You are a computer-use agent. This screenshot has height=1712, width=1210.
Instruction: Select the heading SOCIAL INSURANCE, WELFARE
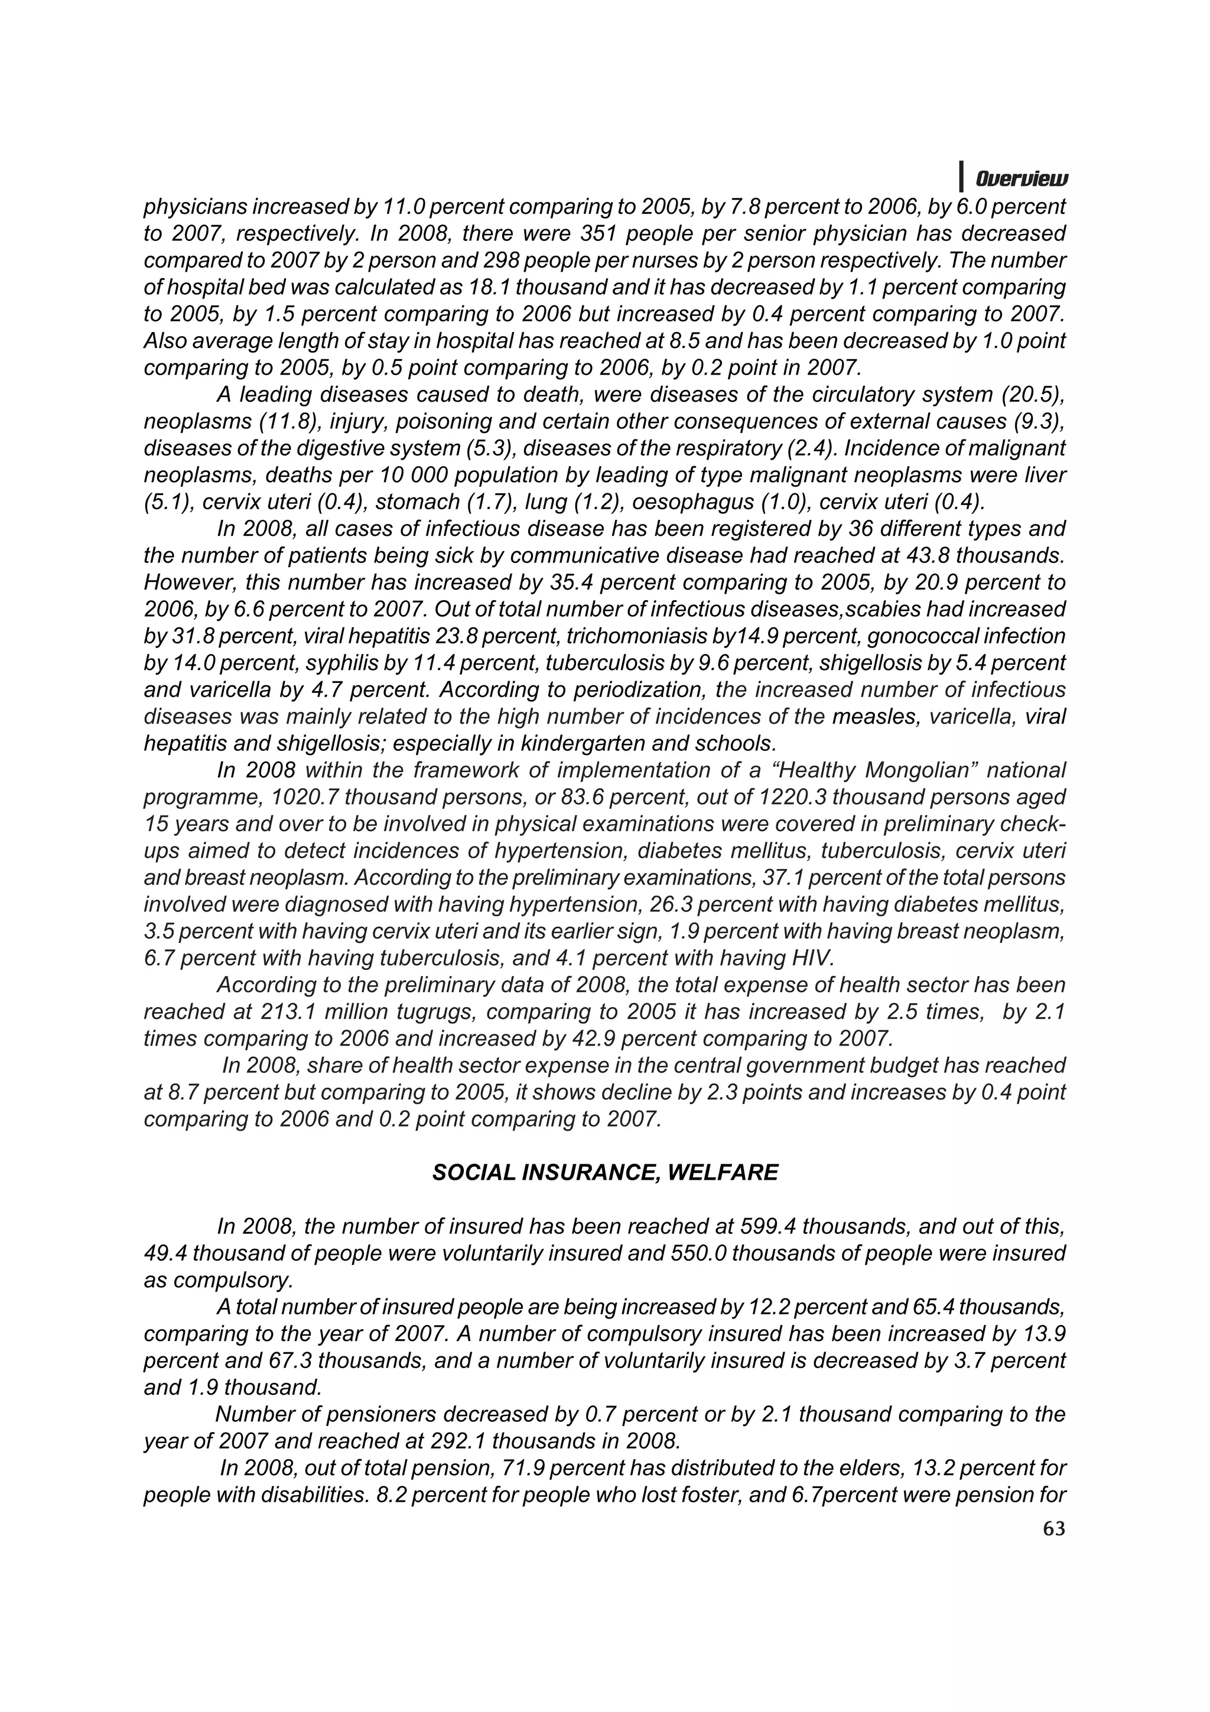coord(604,1173)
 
